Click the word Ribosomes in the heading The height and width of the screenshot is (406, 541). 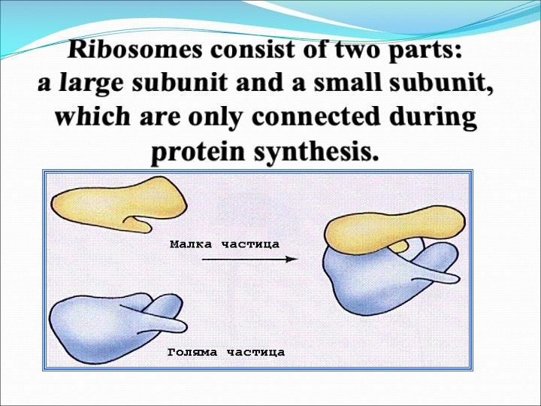point(134,50)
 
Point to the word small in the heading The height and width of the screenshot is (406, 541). point(347,83)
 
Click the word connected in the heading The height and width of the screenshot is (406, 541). point(316,117)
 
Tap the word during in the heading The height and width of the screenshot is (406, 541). point(434,119)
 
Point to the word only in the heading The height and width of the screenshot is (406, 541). point(216,119)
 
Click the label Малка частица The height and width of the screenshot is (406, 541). point(225,244)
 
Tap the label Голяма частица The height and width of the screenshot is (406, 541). point(226,353)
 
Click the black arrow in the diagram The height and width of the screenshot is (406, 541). point(249,259)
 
